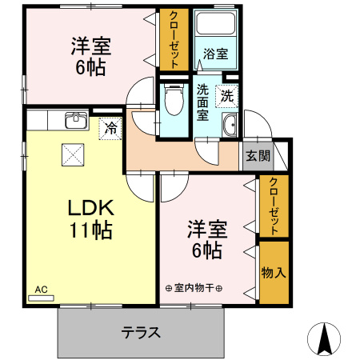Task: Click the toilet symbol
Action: pyautogui.click(x=172, y=102)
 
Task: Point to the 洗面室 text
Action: pyautogui.click(x=203, y=102)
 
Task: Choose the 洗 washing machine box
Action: pyautogui.click(x=227, y=94)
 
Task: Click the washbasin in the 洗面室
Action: pyautogui.click(x=230, y=125)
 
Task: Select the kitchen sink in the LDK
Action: pyautogui.click(x=76, y=121)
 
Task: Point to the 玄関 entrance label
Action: pyautogui.click(x=256, y=155)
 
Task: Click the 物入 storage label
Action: pyautogui.click(x=273, y=272)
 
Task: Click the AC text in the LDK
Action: pyautogui.click(x=42, y=289)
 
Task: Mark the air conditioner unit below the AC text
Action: pyautogui.click(x=42, y=298)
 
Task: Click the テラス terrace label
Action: pyautogui.click(x=141, y=332)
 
